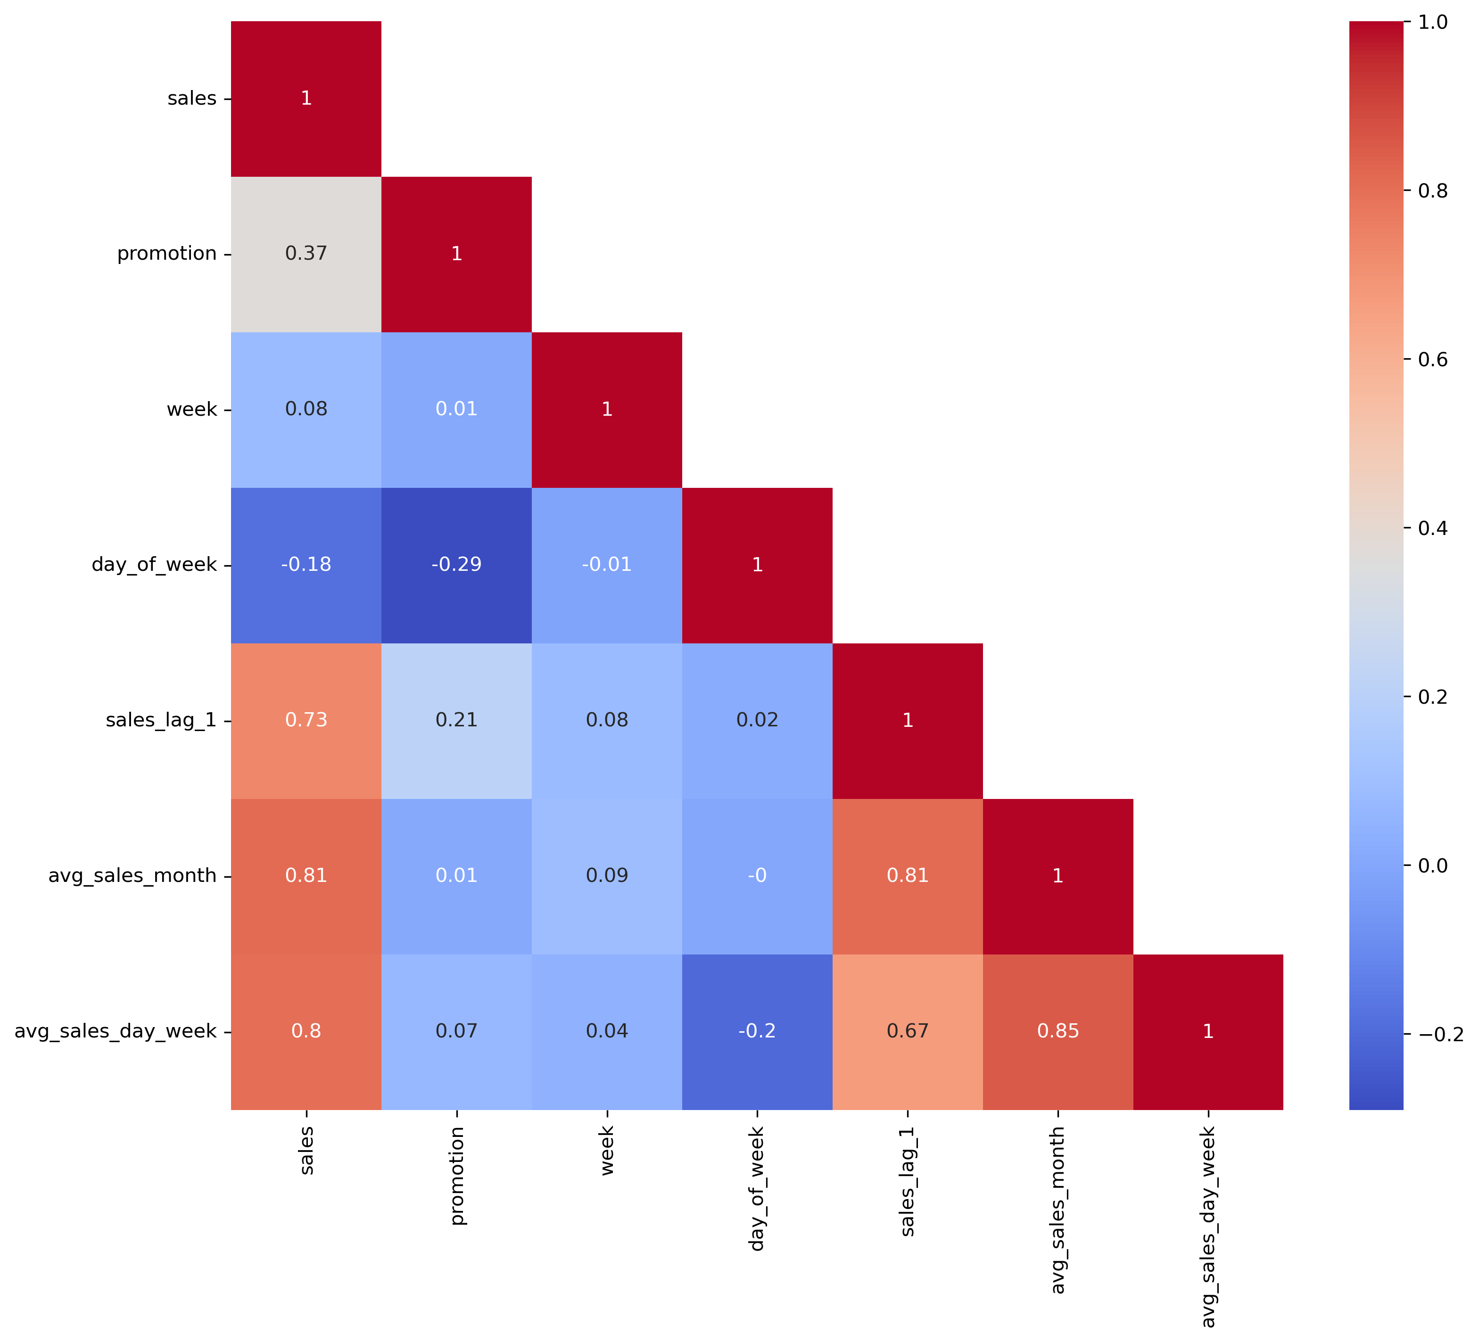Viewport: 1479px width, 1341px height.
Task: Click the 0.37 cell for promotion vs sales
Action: coord(306,254)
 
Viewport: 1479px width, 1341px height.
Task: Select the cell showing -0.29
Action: coord(456,565)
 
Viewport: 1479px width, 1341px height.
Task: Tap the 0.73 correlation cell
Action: coord(306,720)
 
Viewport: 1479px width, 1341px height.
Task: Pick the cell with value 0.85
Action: coord(1058,1031)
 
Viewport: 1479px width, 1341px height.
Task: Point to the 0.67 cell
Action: coord(908,1031)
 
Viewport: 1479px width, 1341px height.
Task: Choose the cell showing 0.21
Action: coord(456,720)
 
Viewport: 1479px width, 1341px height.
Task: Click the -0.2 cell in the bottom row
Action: coord(757,1031)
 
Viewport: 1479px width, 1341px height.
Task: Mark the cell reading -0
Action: coord(757,876)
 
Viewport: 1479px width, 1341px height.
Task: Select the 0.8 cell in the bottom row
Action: coord(306,1031)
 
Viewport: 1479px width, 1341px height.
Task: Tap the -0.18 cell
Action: coord(306,565)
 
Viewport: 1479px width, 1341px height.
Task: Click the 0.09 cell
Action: coord(607,876)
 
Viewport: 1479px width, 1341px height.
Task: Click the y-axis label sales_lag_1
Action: coord(161,720)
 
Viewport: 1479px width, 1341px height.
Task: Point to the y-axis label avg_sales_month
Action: coord(132,876)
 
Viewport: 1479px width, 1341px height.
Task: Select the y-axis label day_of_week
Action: coord(154,565)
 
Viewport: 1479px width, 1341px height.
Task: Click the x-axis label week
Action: coord(607,1151)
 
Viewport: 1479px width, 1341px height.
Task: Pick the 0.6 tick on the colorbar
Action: coord(1432,360)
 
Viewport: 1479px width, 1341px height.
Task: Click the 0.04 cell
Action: coord(607,1031)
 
